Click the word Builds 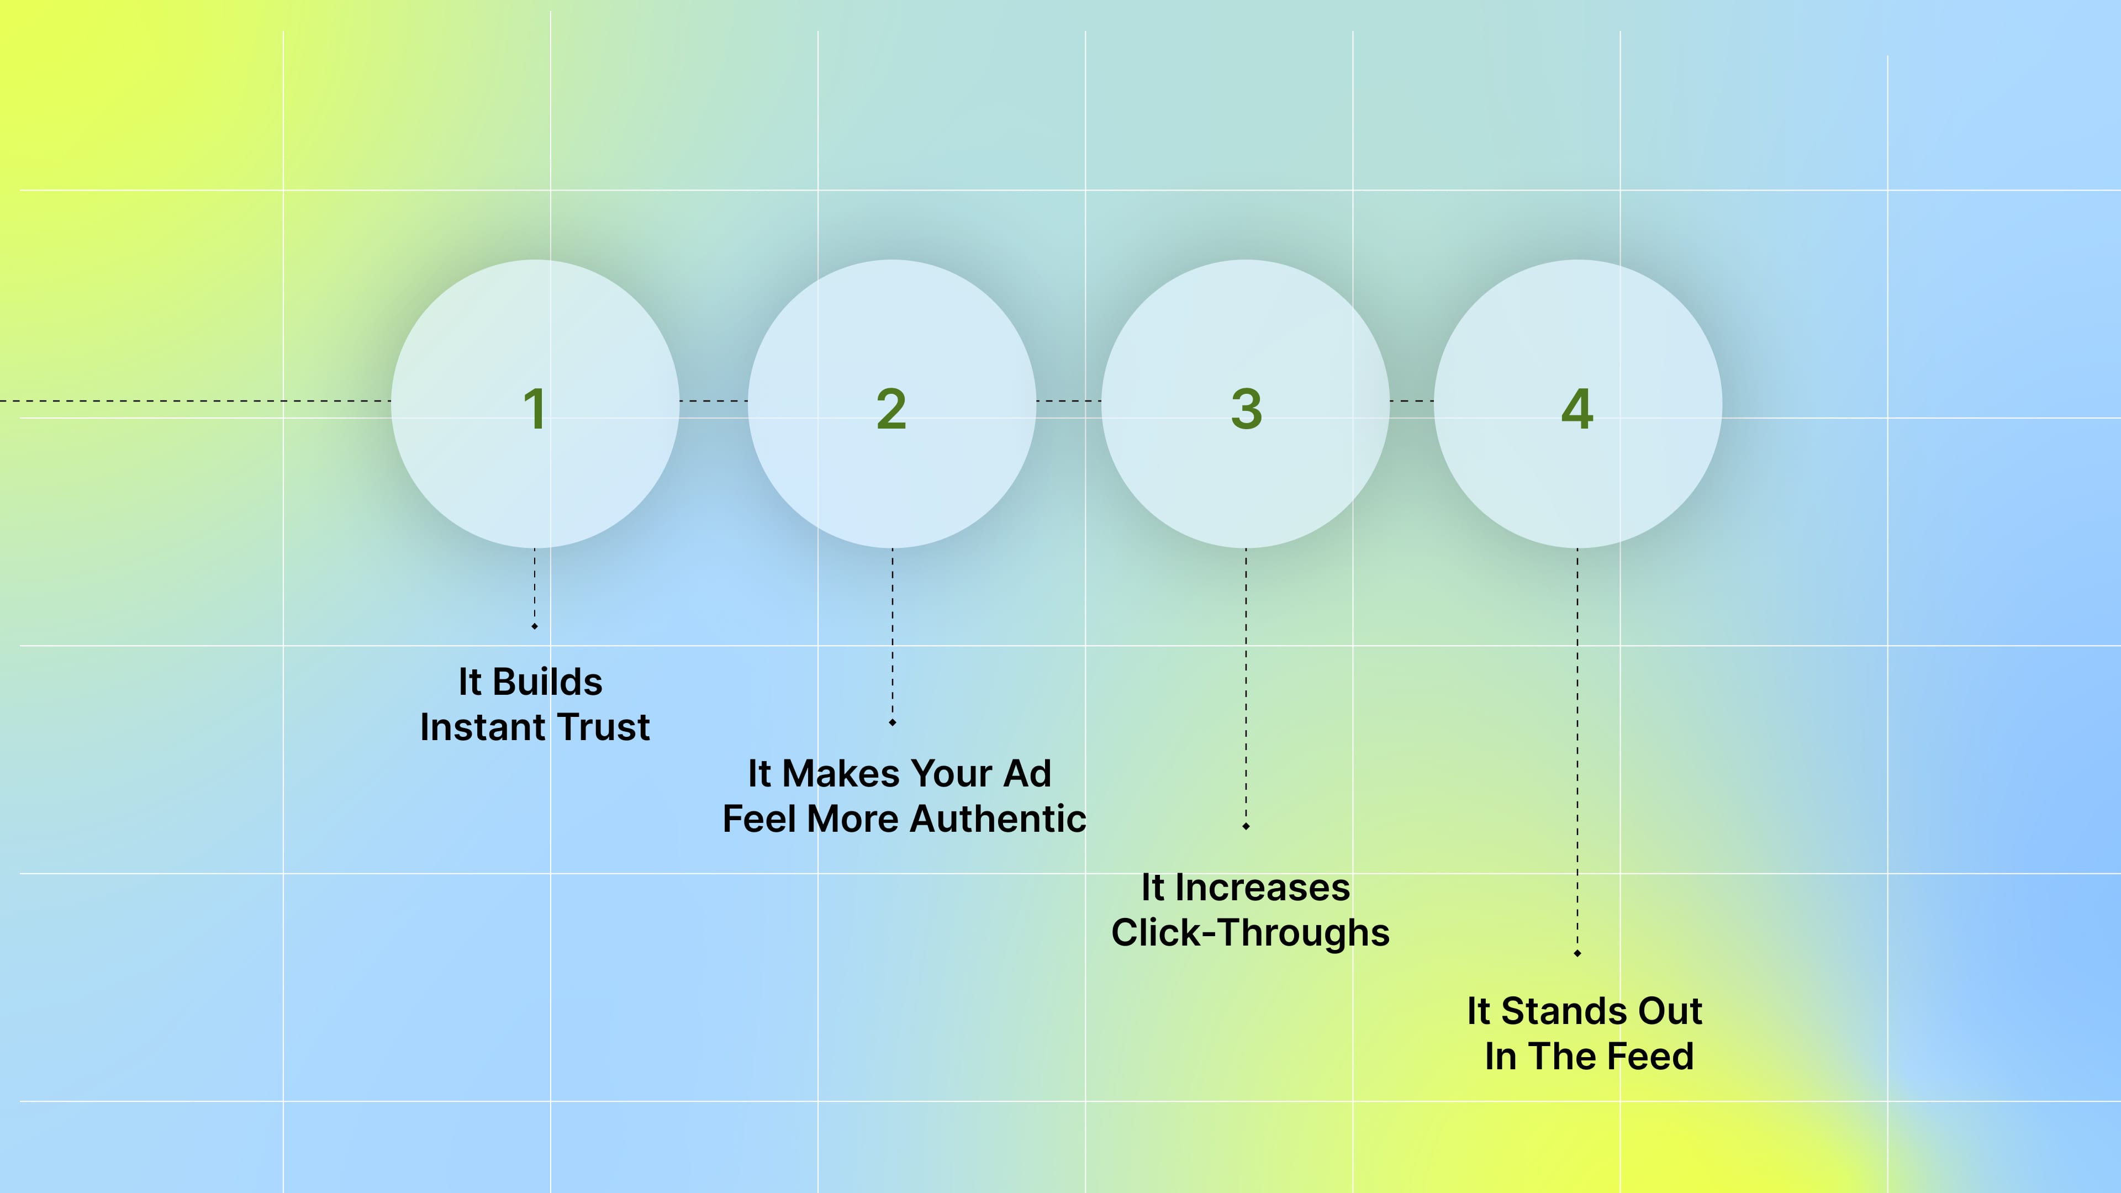tap(547, 682)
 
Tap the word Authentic tap(998, 819)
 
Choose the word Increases tap(1262, 888)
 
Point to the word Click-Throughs tap(1250, 933)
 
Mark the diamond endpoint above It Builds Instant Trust tap(534, 626)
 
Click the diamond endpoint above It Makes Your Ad tap(891, 723)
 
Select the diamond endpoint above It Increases tap(1246, 826)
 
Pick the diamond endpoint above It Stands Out tap(1577, 953)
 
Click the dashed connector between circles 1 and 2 tap(713, 401)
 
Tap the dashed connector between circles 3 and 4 tap(1411, 401)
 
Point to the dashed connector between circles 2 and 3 tap(1068, 401)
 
